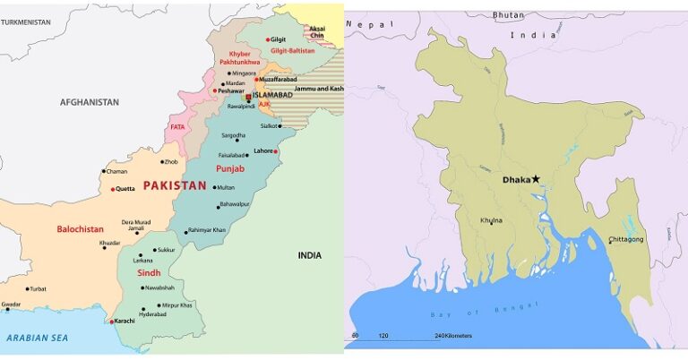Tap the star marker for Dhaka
tap(536, 179)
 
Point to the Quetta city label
tap(126, 189)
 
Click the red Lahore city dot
tap(277, 151)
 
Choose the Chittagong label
tap(626, 239)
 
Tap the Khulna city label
tap(491, 219)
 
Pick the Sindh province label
tap(149, 272)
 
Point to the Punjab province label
tap(230, 167)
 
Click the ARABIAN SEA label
tap(37, 338)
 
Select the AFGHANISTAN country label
tap(90, 102)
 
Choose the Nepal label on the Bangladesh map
tap(369, 24)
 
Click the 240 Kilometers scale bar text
tap(453, 336)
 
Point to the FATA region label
tap(177, 127)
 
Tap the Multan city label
tap(225, 188)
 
